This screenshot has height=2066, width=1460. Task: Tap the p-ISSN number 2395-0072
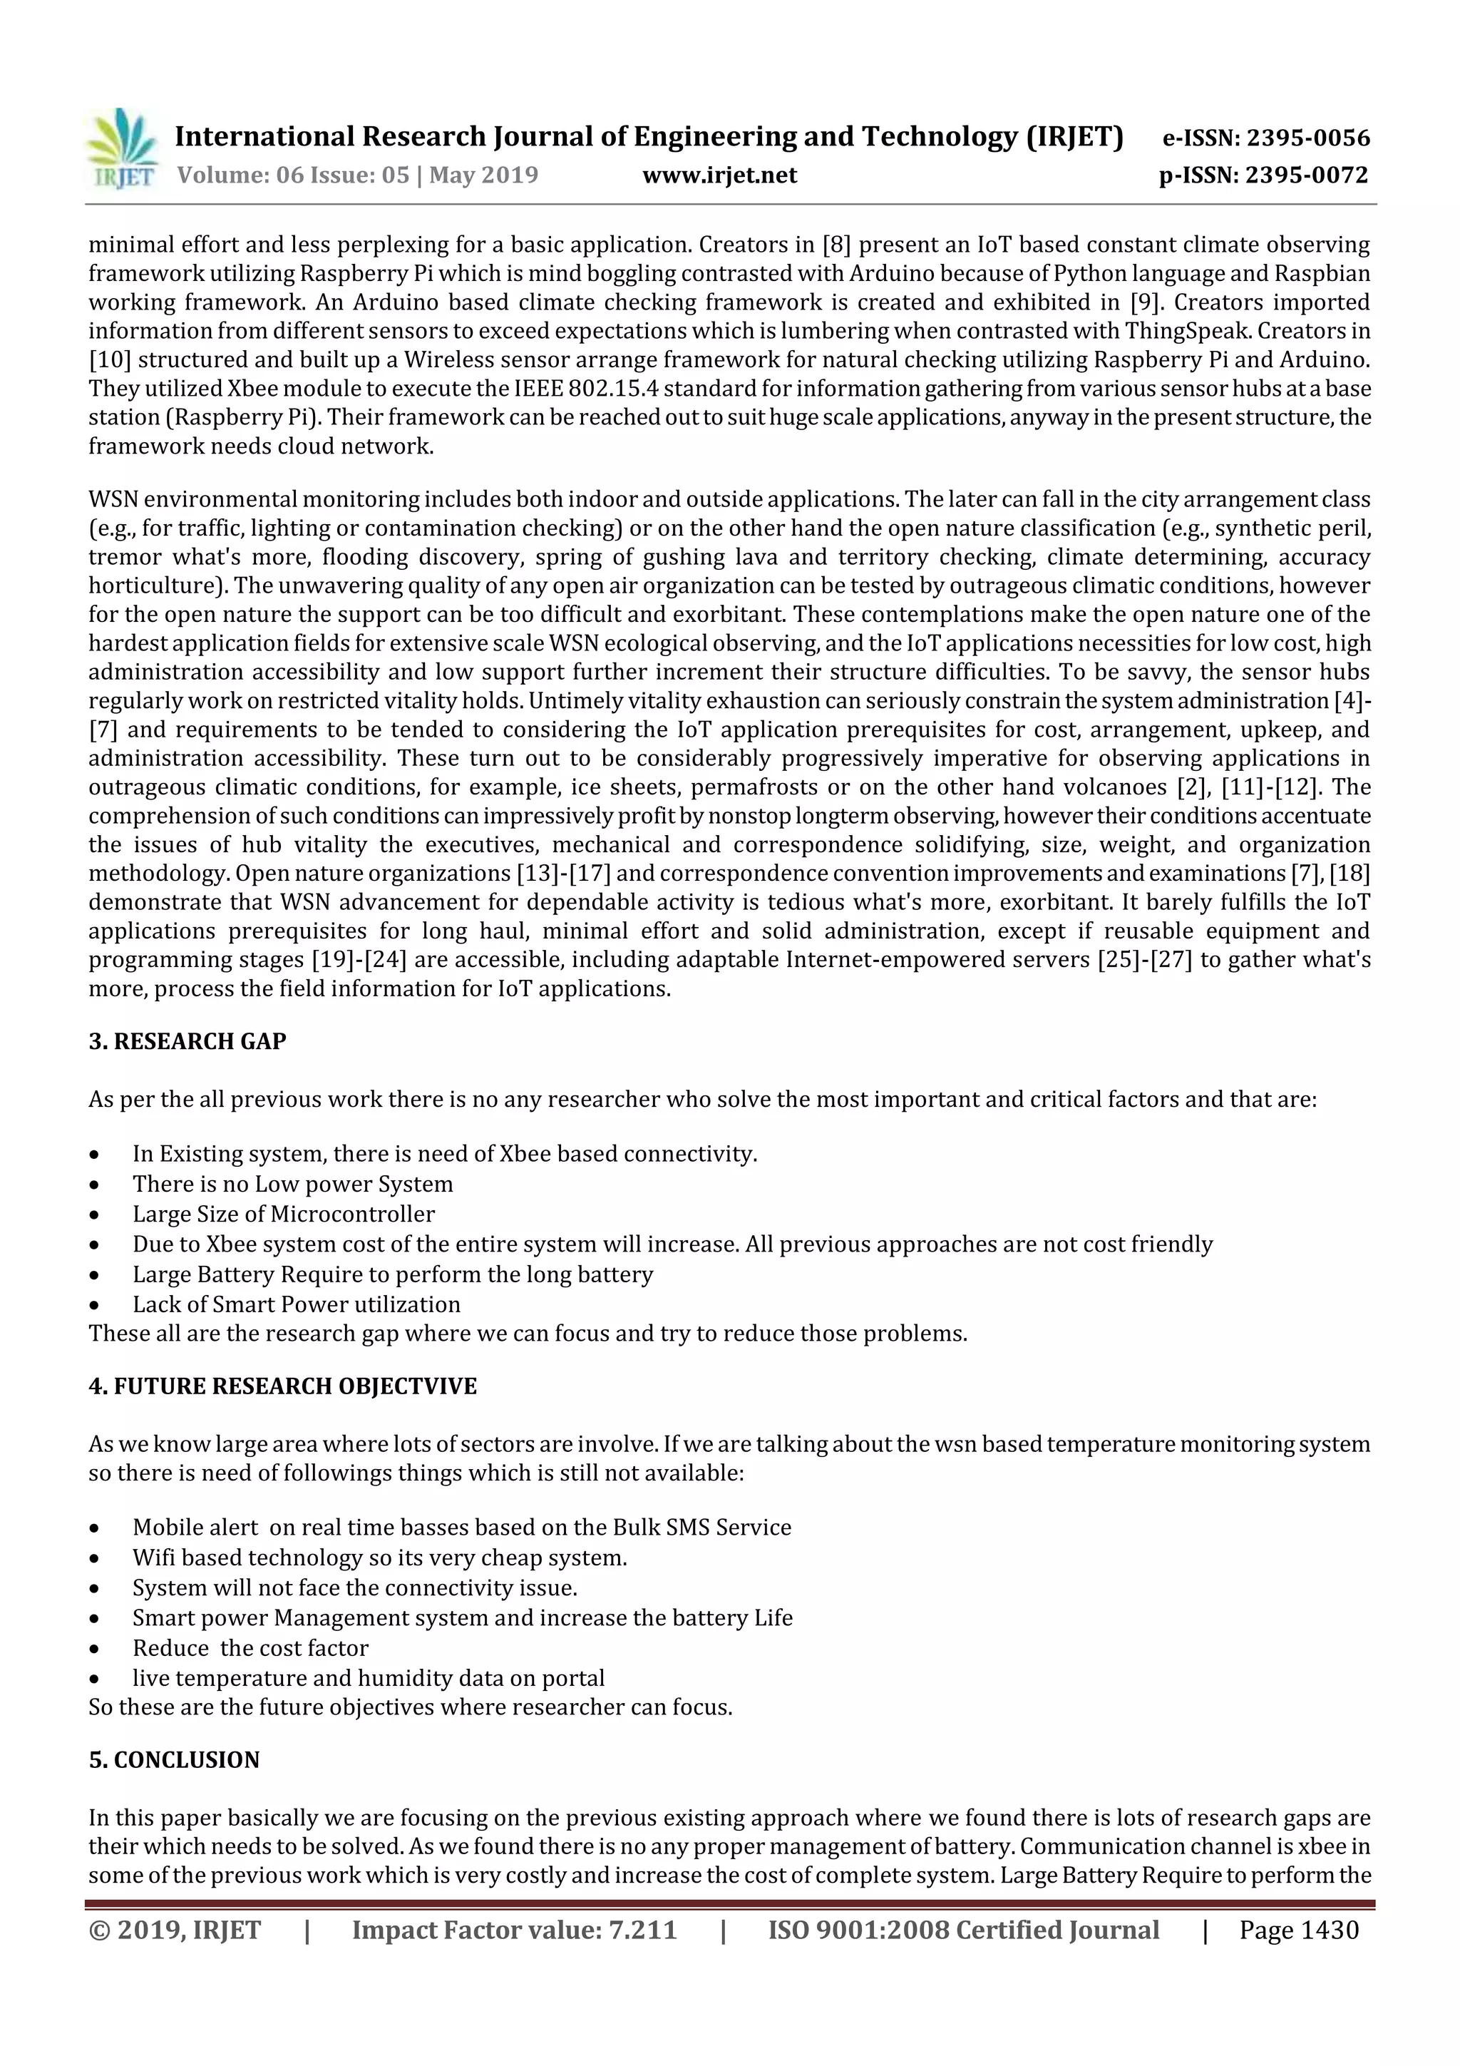click(1306, 175)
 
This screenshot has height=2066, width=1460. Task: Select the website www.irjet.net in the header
click(719, 175)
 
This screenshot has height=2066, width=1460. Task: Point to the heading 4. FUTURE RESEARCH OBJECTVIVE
click(282, 1386)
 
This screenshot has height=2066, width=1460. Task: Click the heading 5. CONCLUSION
click(174, 1760)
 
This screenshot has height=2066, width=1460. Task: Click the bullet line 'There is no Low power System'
click(292, 1184)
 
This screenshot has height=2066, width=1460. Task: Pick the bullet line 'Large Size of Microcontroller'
click(283, 1214)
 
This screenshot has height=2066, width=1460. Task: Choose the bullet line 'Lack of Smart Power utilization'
click(296, 1305)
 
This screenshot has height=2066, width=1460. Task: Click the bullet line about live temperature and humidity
click(368, 1678)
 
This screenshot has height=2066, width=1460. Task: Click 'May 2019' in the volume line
click(484, 175)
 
